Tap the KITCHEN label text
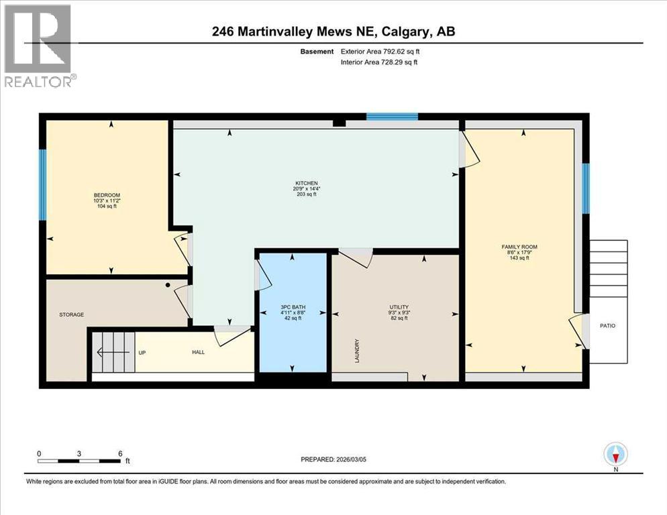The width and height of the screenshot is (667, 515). [x=307, y=184]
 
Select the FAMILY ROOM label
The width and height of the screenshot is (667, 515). [x=519, y=247]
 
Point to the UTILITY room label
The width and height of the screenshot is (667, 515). [x=399, y=306]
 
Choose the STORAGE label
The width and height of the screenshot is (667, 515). [x=71, y=314]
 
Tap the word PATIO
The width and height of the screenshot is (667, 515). [x=608, y=326]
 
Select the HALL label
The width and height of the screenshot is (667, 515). [x=198, y=352]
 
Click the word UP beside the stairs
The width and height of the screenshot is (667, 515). [x=142, y=352]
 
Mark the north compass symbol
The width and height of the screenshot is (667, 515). [x=615, y=455]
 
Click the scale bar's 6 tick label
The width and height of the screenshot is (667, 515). [x=119, y=453]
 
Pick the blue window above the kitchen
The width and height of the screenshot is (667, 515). [x=392, y=117]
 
